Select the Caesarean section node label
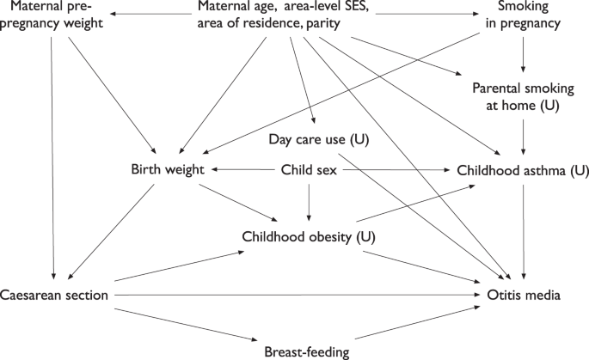pos(54,296)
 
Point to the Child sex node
pos(310,170)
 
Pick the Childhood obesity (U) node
pos(311,235)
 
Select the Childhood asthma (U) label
pos(511,170)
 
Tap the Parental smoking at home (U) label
pos(524,95)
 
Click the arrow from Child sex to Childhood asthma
pos(387,170)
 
